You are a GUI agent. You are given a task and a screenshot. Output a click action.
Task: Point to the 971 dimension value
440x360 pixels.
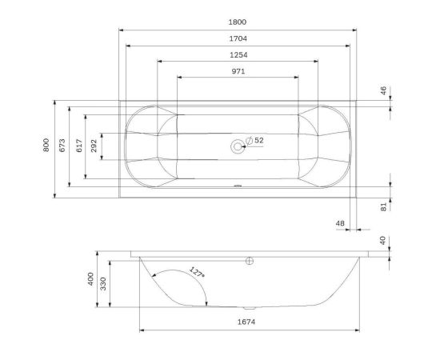pos(238,71)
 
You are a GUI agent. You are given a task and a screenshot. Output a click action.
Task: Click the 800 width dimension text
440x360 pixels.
pos(48,146)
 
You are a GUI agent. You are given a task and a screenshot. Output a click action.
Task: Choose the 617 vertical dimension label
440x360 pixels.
pos(78,146)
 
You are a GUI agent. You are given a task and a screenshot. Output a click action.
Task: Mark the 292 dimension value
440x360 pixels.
pos(94,146)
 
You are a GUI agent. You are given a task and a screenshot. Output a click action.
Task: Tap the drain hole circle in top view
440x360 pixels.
pos(238,146)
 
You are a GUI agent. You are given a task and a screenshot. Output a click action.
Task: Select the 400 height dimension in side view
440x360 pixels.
pos(91,281)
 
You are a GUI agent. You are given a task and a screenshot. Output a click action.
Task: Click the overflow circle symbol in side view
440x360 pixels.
pos(249,260)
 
